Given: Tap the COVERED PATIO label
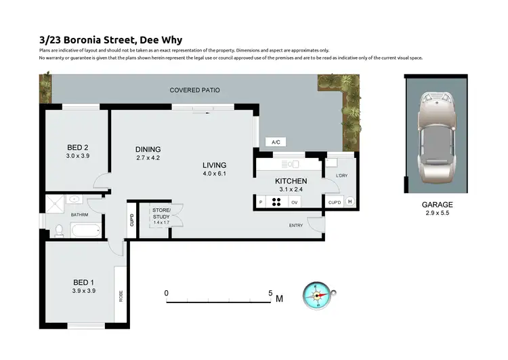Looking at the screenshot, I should (x=194, y=89).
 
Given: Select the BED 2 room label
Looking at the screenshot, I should (x=77, y=147).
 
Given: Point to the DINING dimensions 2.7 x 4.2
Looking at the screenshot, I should (x=148, y=158).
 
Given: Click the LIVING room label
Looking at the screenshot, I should (x=214, y=165).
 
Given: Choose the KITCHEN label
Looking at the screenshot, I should (x=291, y=181).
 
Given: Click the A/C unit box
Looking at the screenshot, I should (x=276, y=142).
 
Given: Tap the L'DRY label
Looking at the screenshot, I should (x=342, y=176).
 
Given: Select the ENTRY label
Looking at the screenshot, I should (x=296, y=225).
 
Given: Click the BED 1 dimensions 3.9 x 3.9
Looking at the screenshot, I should (x=83, y=290).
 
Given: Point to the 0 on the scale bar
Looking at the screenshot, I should (x=167, y=294).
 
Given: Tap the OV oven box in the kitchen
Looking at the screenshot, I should (x=295, y=202).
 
